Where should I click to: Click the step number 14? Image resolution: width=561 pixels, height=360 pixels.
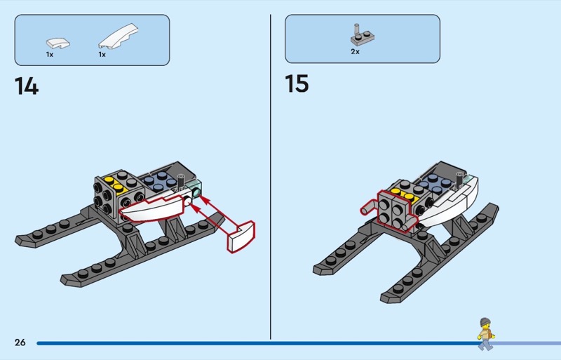(26, 86)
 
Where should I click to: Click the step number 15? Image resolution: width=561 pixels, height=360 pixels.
(297, 84)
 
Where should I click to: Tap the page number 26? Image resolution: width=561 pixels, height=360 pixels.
(20, 342)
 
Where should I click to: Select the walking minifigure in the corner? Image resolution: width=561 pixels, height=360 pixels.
(485, 333)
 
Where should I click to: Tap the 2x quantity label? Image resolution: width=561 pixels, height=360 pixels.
(356, 52)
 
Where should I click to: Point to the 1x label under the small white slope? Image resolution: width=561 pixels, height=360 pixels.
(50, 54)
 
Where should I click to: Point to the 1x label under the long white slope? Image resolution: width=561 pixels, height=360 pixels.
(102, 54)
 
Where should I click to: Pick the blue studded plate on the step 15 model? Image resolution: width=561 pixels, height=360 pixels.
(435, 184)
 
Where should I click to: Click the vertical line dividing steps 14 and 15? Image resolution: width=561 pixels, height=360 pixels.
(271, 175)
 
